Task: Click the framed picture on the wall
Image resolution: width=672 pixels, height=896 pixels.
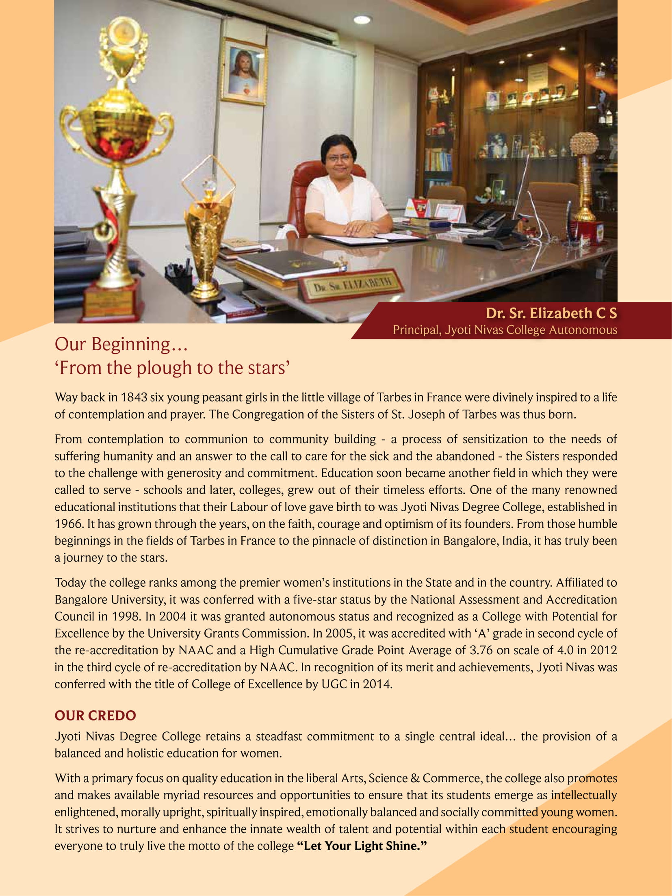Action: point(244,72)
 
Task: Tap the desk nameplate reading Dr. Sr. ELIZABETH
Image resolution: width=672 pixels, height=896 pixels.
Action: point(352,284)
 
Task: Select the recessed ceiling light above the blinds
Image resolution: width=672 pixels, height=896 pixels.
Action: point(362,20)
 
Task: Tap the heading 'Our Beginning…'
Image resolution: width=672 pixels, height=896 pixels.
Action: point(121,344)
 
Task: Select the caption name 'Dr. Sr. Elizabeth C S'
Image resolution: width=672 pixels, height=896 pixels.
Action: point(551,313)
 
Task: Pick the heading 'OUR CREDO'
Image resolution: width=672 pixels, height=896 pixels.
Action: point(95,716)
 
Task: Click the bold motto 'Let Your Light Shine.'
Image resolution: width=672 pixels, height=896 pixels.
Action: point(362,846)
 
